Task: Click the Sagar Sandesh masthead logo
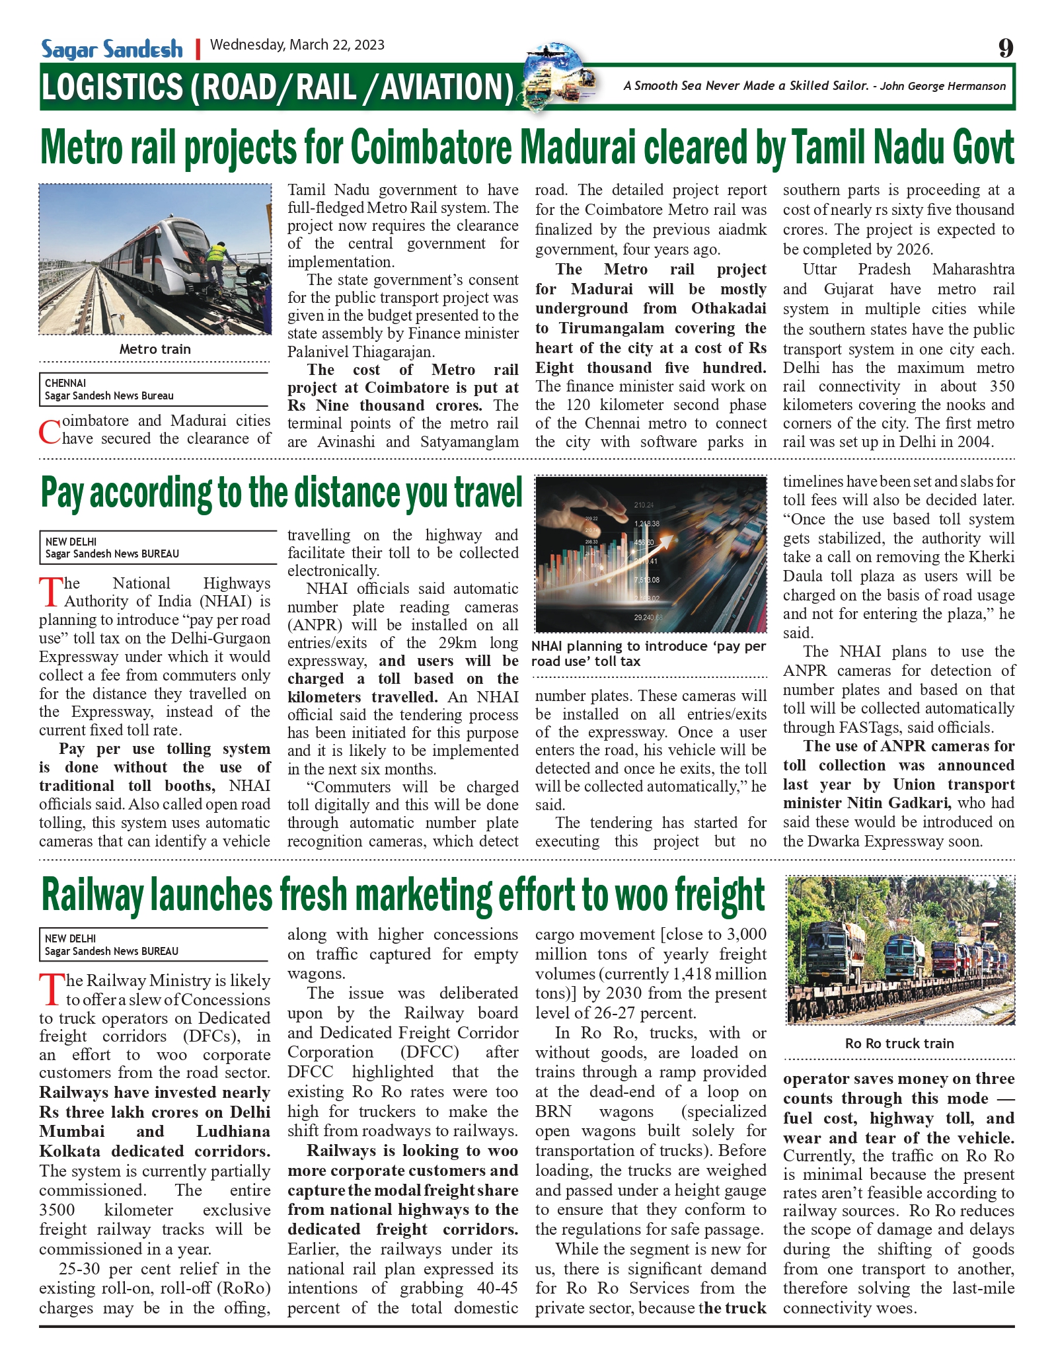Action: click(x=112, y=49)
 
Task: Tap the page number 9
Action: click(x=1004, y=48)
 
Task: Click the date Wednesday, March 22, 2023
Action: click(x=297, y=45)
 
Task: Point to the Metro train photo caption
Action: click(x=155, y=349)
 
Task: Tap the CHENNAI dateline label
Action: click(x=65, y=383)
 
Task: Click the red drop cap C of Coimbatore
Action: click(x=50, y=431)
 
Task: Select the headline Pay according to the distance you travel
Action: click(x=282, y=493)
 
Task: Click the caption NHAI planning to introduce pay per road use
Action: click(x=648, y=653)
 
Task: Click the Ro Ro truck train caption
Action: click(x=899, y=1044)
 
